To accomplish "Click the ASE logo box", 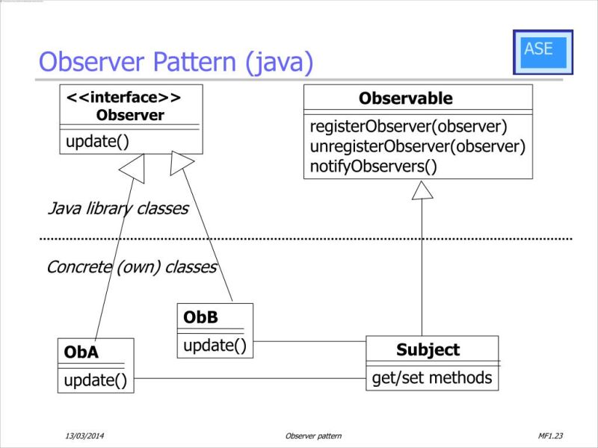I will click(x=543, y=52).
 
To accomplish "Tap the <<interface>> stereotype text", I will click(x=123, y=99).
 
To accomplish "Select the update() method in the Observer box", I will click(x=98, y=140).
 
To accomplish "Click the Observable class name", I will click(x=405, y=99).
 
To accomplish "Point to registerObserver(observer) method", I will click(x=408, y=126).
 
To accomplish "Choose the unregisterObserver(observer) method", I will click(x=417, y=146).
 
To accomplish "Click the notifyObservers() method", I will click(x=373, y=166).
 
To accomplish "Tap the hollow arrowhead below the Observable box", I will click(x=422, y=191).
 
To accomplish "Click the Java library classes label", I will click(x=117, y=209).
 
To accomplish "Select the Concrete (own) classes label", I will click(x=132, y=267).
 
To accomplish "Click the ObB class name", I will click(x=200, y=317).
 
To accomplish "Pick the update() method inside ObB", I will click(x=215, y=345).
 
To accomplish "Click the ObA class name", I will click(x=81, y=352).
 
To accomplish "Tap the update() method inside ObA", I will click(x=95, y=380).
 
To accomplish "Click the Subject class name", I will click(x=428, y=349).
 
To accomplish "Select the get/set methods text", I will click(x=432, y=378).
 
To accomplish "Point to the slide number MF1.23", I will click(x=549, y=435).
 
